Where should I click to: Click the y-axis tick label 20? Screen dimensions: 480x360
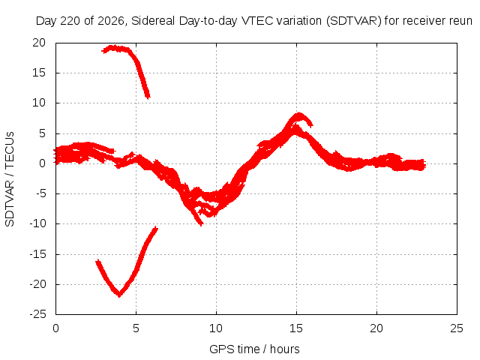pyautogui.click(x=39, y=43)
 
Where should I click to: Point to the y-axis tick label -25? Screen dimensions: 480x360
pyautogui.click(x=37, y=314)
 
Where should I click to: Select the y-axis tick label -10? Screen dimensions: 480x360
pyautogui.click(x=37, y=223)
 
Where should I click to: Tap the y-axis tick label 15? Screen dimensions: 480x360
pyautogui.click(x=39, y=73)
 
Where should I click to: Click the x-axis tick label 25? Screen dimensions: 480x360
pyautogui.click(x=457, y=328)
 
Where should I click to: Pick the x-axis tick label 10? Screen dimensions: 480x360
pyautogui.click(x=216, y=328)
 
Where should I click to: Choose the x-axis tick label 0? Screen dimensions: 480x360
pyautogui.click(x=55, y=328)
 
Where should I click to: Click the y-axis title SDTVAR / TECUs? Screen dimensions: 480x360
pyautogui.click(x=10, y=179)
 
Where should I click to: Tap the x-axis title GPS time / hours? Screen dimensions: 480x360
pyautogui.click(x=254, y=349)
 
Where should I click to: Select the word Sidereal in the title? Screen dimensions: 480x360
pyautogui.click(x=153, y=21)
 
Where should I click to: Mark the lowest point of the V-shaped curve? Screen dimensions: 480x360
pyautogui.click(x=119, y=295)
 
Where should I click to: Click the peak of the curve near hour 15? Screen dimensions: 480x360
pyautogui.click(x=298, y=114)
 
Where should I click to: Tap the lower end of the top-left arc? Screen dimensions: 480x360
pyautogui.click(x=148, y=97)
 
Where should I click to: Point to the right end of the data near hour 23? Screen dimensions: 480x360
pyautogui.click(x=424, y=166)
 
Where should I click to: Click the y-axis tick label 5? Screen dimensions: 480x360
pyautogui.click(x=42, y=133)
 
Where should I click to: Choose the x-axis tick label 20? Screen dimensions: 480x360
pyautogui.click(x=376, y=328)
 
